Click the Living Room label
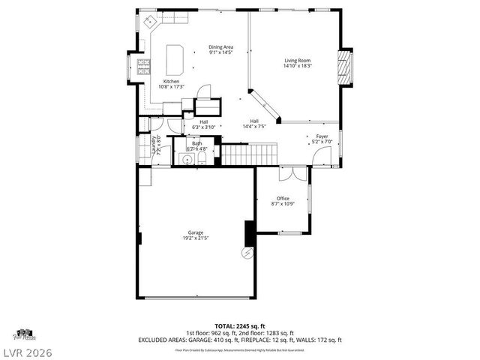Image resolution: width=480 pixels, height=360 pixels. tap(297, 61)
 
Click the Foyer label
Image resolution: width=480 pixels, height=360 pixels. tap(321, 136)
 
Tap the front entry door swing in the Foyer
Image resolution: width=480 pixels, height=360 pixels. tap(321, 155)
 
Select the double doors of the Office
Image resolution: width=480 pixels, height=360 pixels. tap(293, 174)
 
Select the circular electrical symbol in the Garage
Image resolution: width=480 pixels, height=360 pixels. tap(245, 253)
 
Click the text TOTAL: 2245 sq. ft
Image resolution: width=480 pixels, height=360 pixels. tap(240, 326)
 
